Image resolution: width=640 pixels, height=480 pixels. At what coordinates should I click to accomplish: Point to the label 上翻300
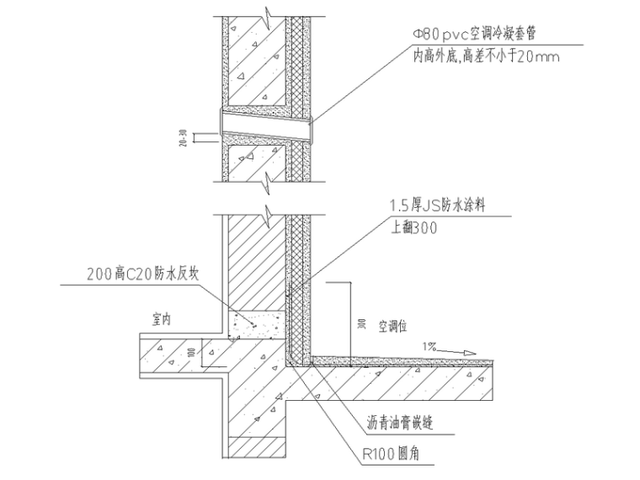[x=413, y=227]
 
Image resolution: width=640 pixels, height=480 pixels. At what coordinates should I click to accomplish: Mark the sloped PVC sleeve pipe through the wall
[x=265, y=125]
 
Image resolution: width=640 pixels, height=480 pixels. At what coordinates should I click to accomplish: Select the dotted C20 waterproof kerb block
[x=257, y=321]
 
